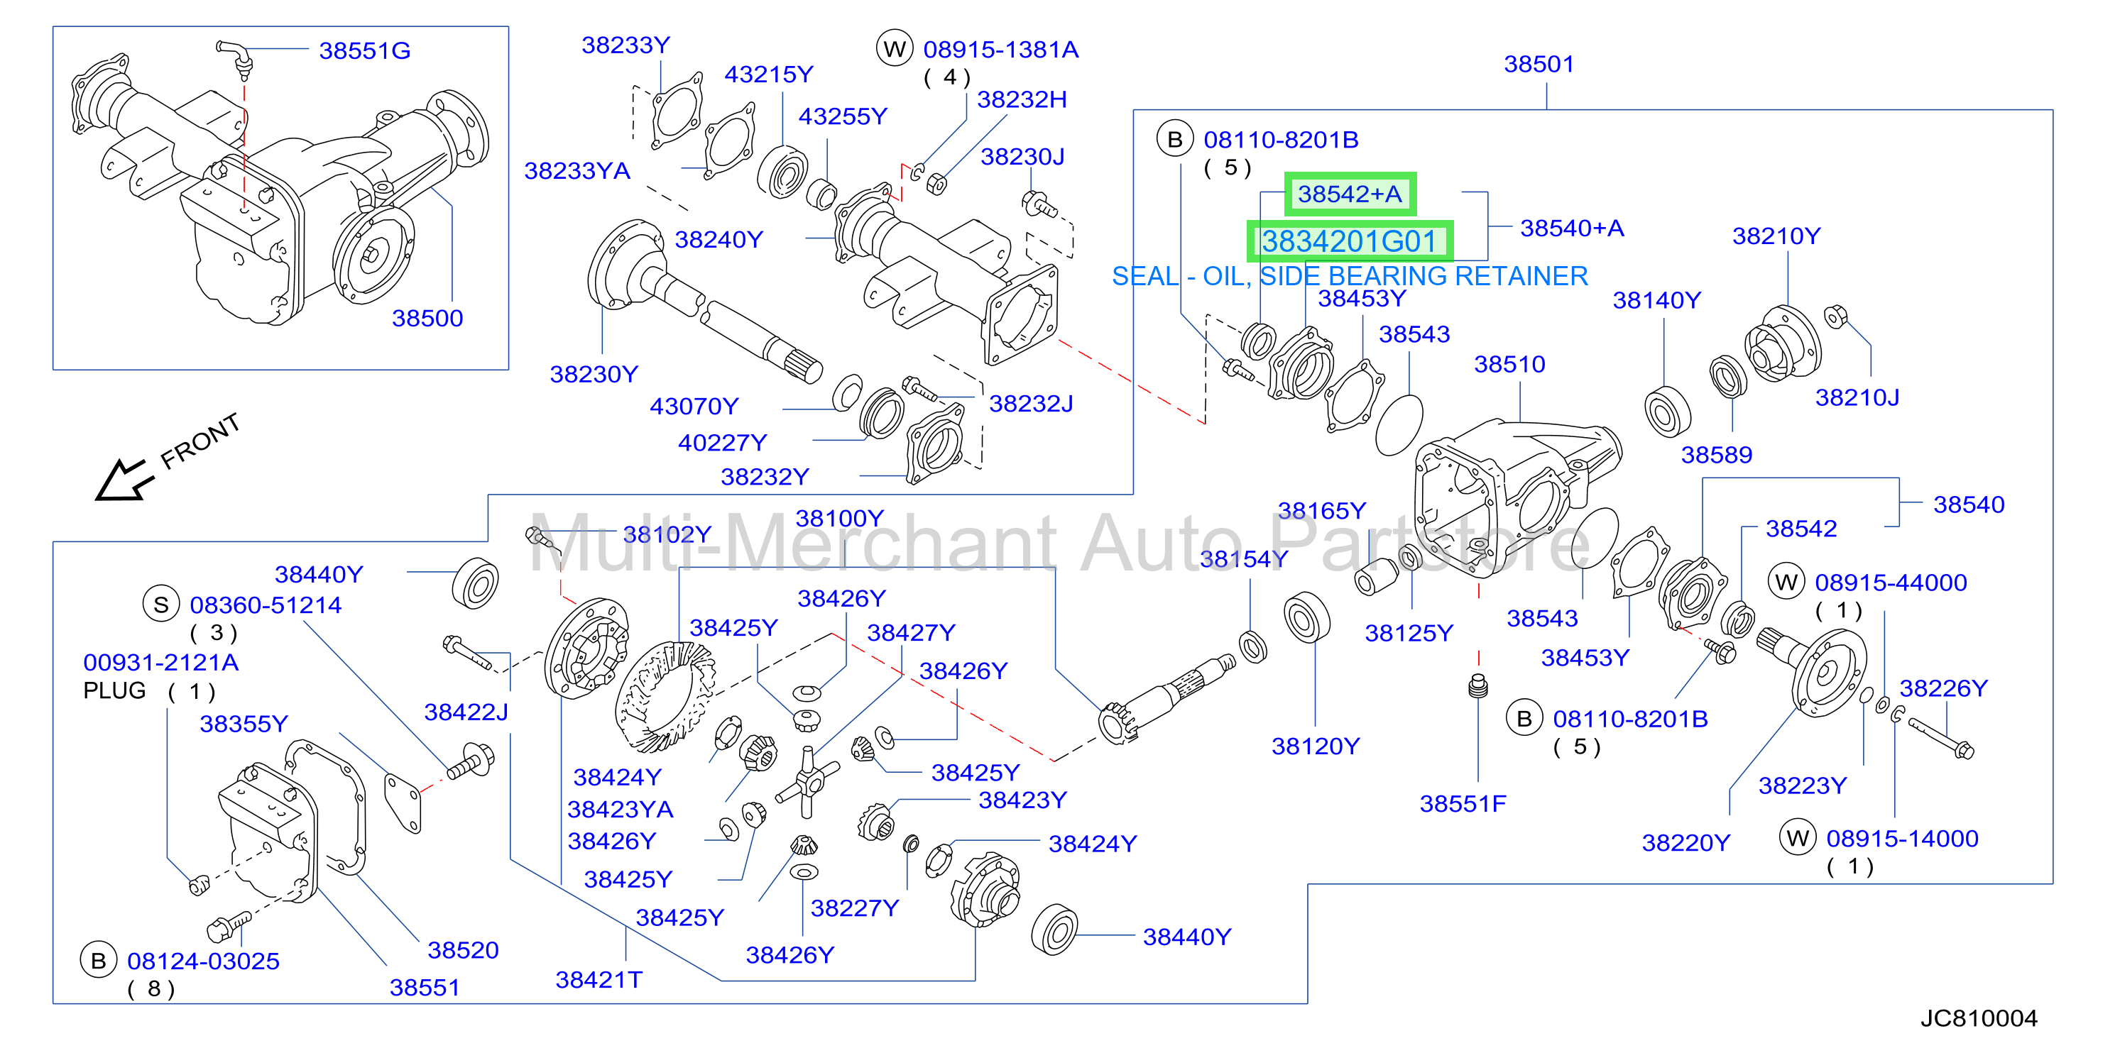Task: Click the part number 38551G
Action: click(x=365, y=51)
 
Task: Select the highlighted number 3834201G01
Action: click(x=1350, y=241)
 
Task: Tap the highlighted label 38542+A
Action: click(x=1350, y=194)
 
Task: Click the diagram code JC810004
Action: click(x=1979, y=1018)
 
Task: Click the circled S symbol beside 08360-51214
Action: click(x=161, y=605)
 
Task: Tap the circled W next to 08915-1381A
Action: click(x=895, y=50)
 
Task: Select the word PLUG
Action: click(x=114, y=690)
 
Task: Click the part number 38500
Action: click(x=427, y=319)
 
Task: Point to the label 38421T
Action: click(x=599, y=980)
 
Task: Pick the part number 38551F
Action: click(x=1463, y=804)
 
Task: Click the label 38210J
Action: click(x=1857, y=398)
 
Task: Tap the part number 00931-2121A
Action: click(x=161, y=662)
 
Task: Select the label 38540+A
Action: click(x=1572, y=228)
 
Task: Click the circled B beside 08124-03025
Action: click(x=99, y=960)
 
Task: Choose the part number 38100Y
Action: click(x=839, y=518)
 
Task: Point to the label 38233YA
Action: click(x=577, y=171)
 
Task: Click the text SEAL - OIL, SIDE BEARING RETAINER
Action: click(x=1350, y=277)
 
